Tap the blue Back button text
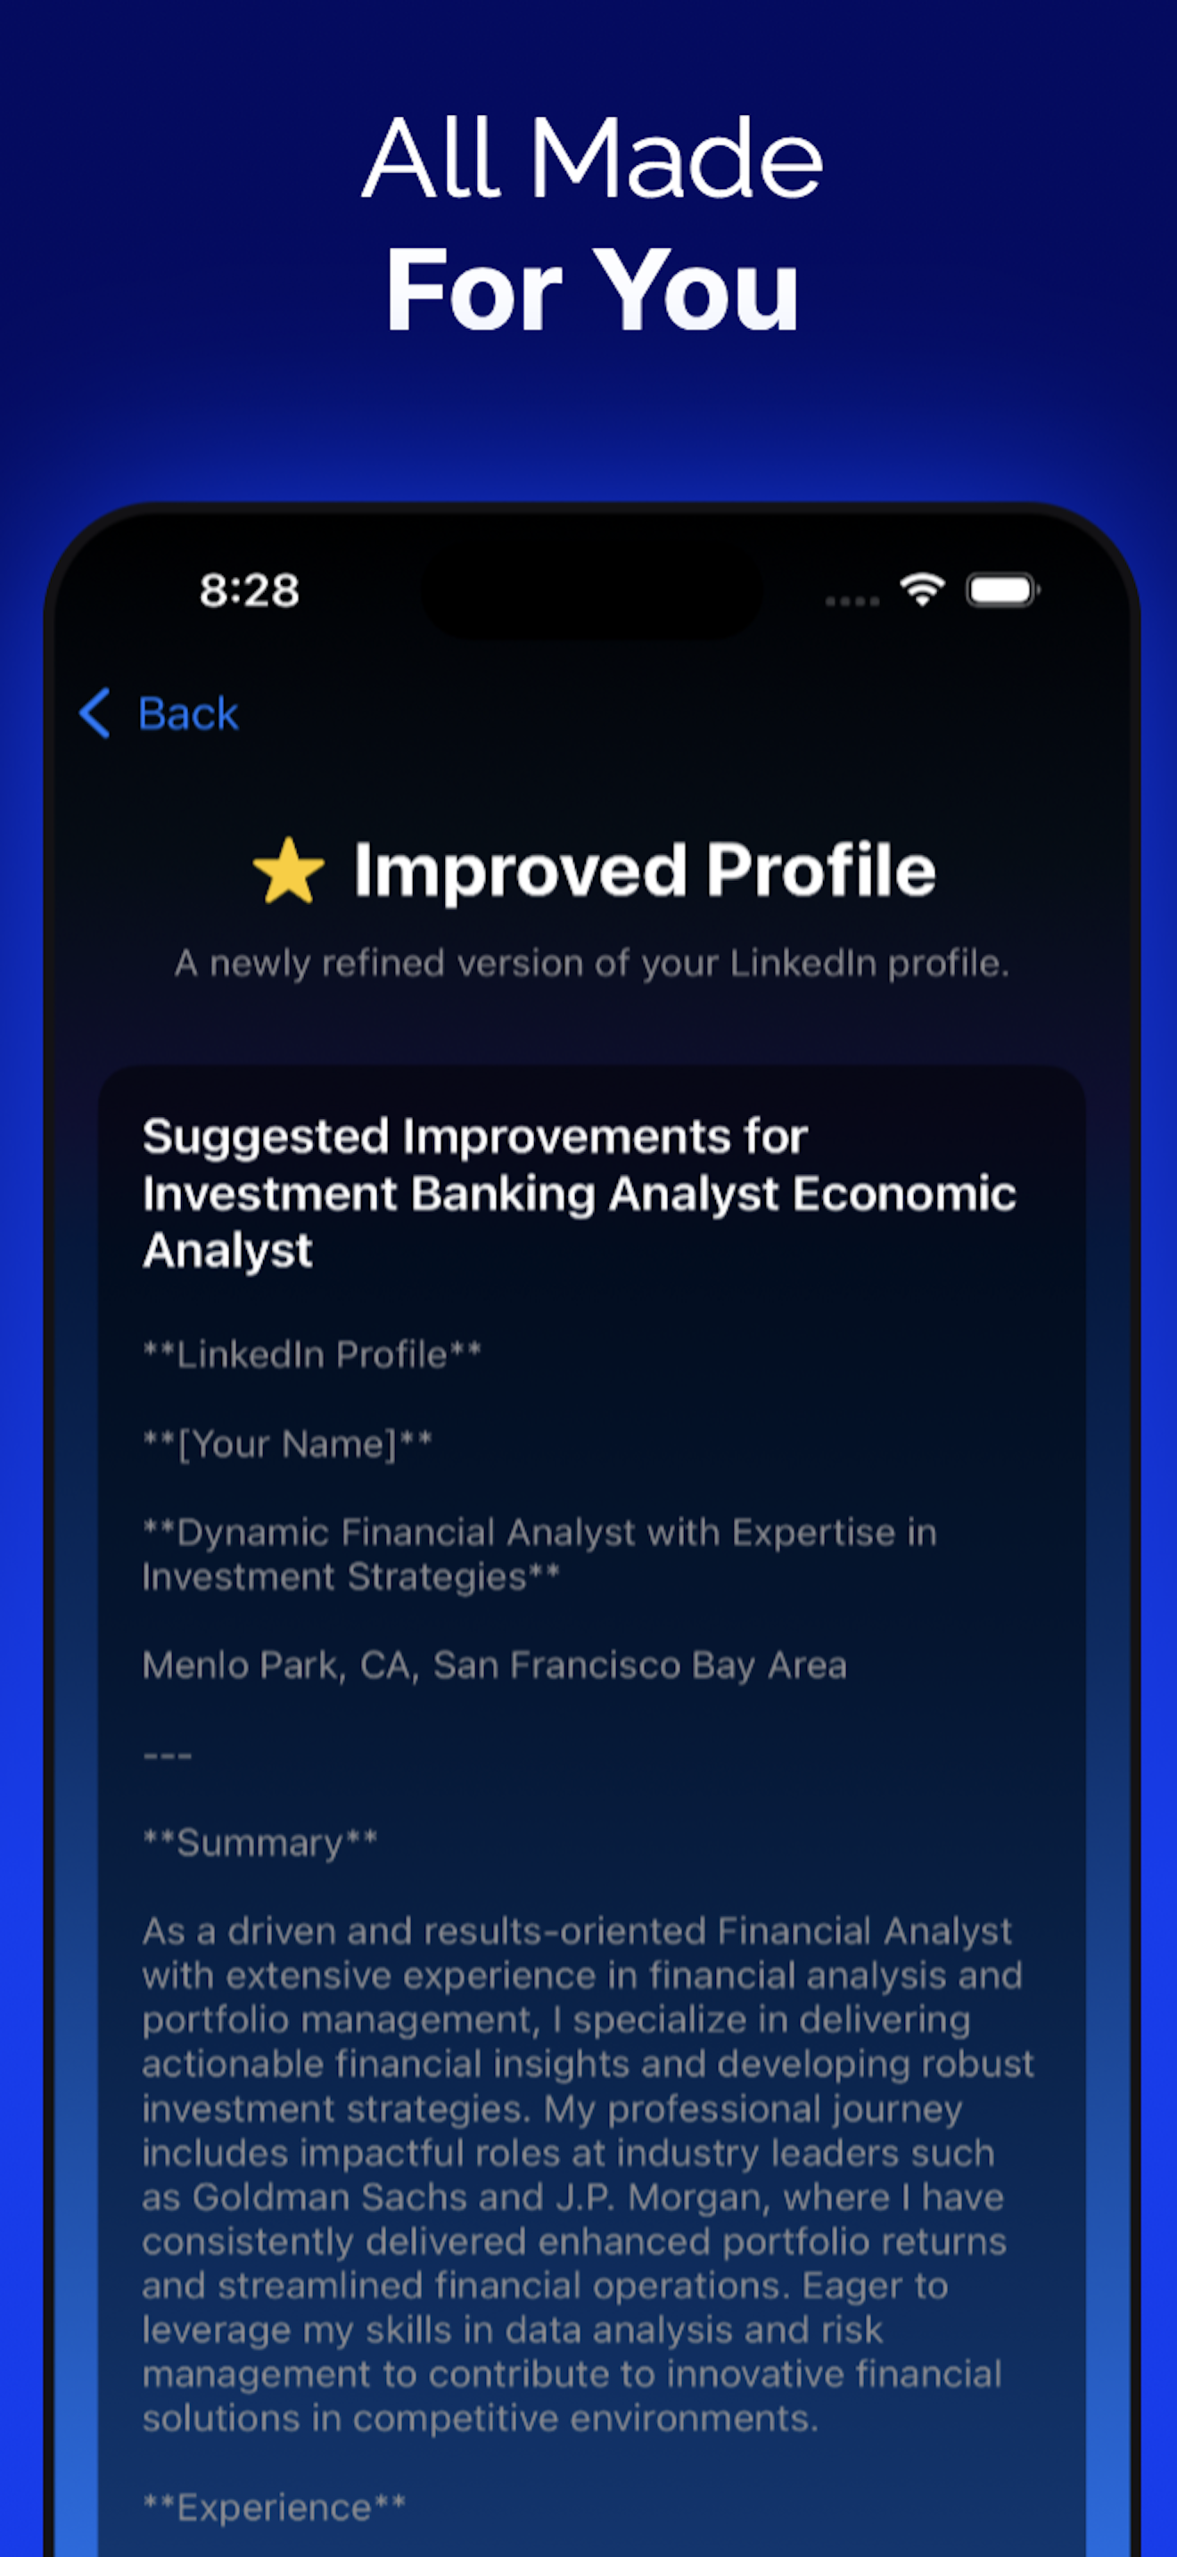(x=188, y=714)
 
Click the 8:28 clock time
(x=249, y=590)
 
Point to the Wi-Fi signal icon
(x=922, y=589)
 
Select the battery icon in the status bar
(x=1001, y=590)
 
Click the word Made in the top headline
(x=676, y=158)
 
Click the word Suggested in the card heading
(x=265, y=1137)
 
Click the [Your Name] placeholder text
(x=288, y=1443)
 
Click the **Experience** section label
(x=274, y=2506)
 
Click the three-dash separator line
(x=167, y=1755)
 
